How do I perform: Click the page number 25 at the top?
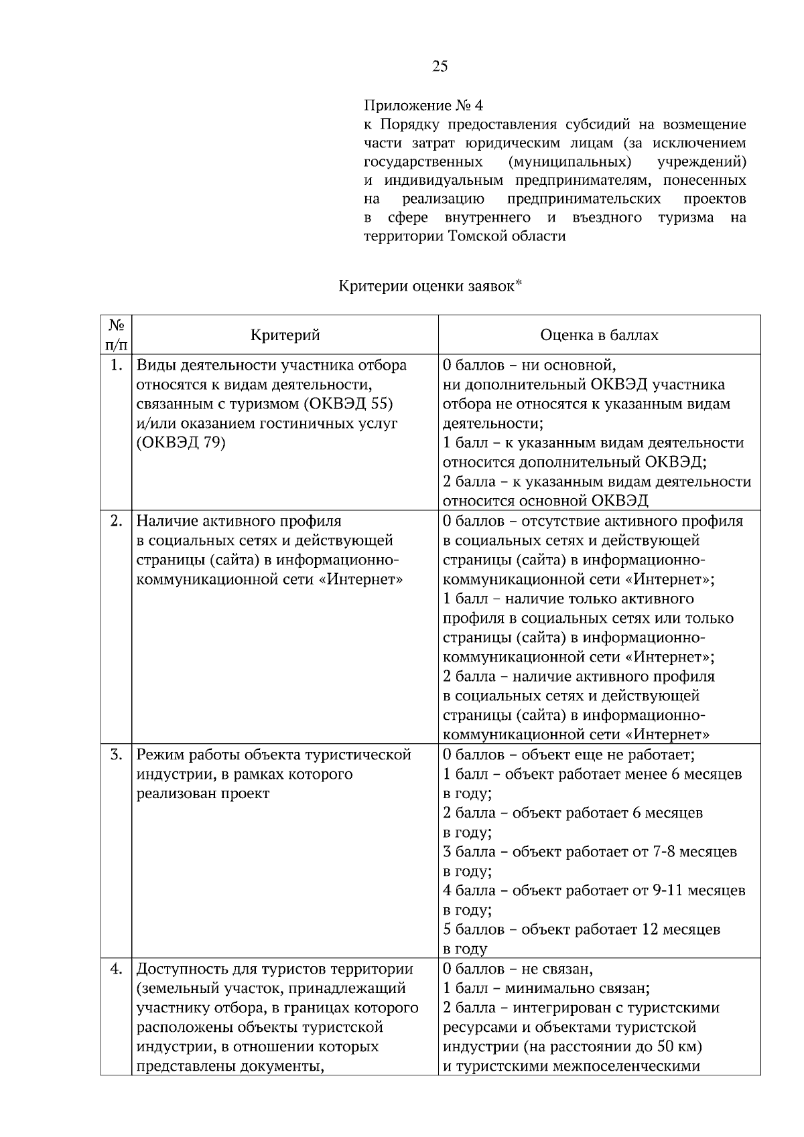(x=440, y=66)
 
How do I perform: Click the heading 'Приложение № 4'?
(x=423, y=106)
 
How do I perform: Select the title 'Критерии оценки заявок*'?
(x=429, y=286)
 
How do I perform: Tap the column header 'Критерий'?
(x=285, y=335)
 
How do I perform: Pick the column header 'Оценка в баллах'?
(x=599, y=335)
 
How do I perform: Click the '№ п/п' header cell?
(x=116, y=335)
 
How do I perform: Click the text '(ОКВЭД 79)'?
(x=181, y=443)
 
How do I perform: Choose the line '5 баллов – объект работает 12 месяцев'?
(x=582, y=929)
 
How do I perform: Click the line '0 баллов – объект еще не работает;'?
(x=568, y=755)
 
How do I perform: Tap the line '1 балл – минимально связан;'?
(x=546, y=988)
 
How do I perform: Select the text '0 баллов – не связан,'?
(x=518, y=969)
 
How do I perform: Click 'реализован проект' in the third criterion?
(x=203, y=793)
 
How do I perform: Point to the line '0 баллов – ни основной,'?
(x=529, y=365)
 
